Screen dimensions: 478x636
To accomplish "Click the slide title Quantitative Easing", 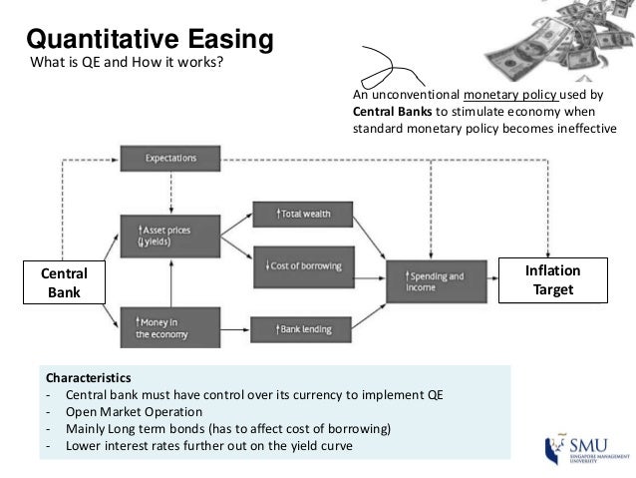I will tap(150, 40).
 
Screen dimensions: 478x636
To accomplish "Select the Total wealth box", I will tap(303, 214).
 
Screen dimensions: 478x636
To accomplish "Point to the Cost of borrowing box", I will tap(303, 265).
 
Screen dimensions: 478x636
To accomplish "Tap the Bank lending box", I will tap(303, 327).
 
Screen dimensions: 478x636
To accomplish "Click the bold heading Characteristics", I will tap(87, 379).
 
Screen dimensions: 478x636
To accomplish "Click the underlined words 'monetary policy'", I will tap(496, 96).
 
